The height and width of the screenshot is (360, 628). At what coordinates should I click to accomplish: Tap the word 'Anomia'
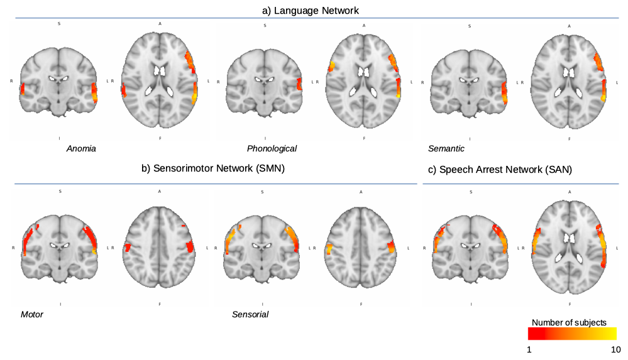[81, 149]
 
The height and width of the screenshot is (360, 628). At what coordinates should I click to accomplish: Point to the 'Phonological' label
[272, 149]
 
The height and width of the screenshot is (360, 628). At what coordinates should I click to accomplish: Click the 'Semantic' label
[446, 149]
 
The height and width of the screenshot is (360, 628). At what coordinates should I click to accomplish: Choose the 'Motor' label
[32, 314]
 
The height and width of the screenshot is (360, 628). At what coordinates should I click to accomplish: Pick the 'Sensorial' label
[250, 314]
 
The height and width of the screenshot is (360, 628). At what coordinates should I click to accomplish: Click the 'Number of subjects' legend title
[569, 322]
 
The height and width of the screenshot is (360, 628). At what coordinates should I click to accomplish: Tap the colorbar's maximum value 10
[615, 349]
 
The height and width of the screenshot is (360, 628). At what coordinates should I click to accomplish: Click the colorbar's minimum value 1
[529, 349]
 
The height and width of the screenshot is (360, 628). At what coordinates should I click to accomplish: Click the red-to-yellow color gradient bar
[572, 333]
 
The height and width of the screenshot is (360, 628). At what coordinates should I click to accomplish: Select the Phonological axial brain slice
[364, 82]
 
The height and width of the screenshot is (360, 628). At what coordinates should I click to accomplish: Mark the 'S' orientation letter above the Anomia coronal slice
[60, 25]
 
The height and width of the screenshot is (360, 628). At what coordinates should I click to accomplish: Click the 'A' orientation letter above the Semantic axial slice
[570, 26]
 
